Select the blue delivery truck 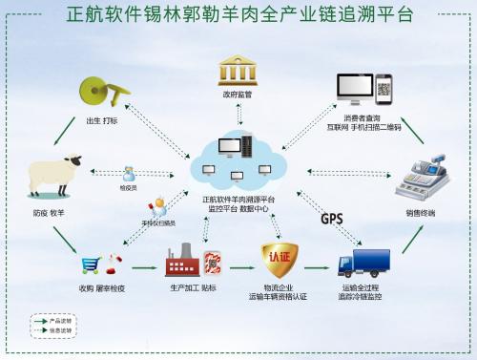point(363,261)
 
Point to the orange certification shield point(280,259)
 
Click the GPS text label point(332,220)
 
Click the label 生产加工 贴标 point(191,286)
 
